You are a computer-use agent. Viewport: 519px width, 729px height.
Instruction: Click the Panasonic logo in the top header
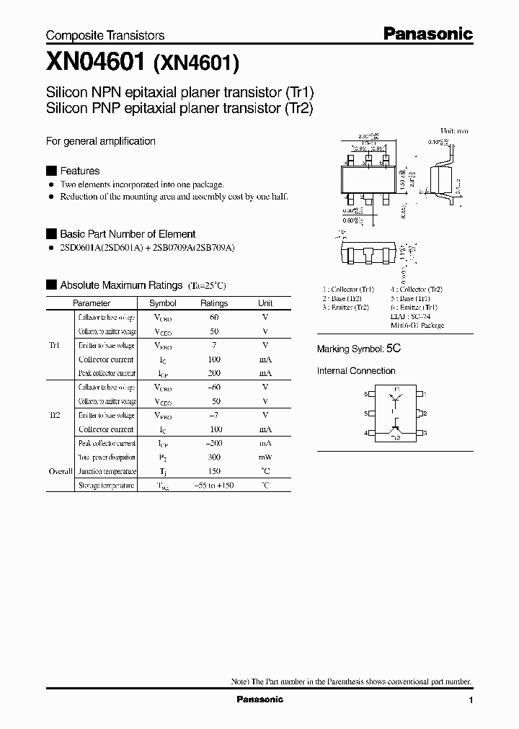pyautogui.click(x=427, y=33)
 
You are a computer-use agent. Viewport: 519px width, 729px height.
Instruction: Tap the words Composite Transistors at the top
pyautogui.click(x=105, y=35)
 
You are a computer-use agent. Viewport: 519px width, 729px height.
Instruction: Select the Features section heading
pyautogui.click(x=79, y=171)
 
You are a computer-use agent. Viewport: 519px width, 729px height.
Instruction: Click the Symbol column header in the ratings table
pyautogui.click(x=162, y=303)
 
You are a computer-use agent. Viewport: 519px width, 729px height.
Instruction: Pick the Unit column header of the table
pyautogui.click(x=265, y=303)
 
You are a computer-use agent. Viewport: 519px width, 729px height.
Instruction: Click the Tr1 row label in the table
pyautogui.click(x=55, y=345)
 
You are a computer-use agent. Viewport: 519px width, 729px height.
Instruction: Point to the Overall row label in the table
pyautogui.click(x=61, y=471)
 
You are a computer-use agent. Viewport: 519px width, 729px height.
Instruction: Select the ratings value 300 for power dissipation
pyautogui.click(x=214, y=457)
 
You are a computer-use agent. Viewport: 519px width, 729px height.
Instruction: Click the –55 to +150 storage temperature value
pyautogui.click(x=214, y=486)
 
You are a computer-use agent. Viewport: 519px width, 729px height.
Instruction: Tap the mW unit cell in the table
pyautogui.click(x=265, y=457)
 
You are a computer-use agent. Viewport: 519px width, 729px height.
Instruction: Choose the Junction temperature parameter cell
pyautogui.click(x=107, y=472)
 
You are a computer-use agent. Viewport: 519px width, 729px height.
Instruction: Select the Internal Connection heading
pyautogui.click(x=356, y=371)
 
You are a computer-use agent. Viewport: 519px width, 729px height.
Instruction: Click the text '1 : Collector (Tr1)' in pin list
pyautogui.click(x=348, y=290)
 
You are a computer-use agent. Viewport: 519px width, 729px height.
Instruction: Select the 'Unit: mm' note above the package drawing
pyautogui.click(x=453, y=130)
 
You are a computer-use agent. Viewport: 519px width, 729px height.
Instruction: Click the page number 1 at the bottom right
pyautogui.click(x=471, y=700)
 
